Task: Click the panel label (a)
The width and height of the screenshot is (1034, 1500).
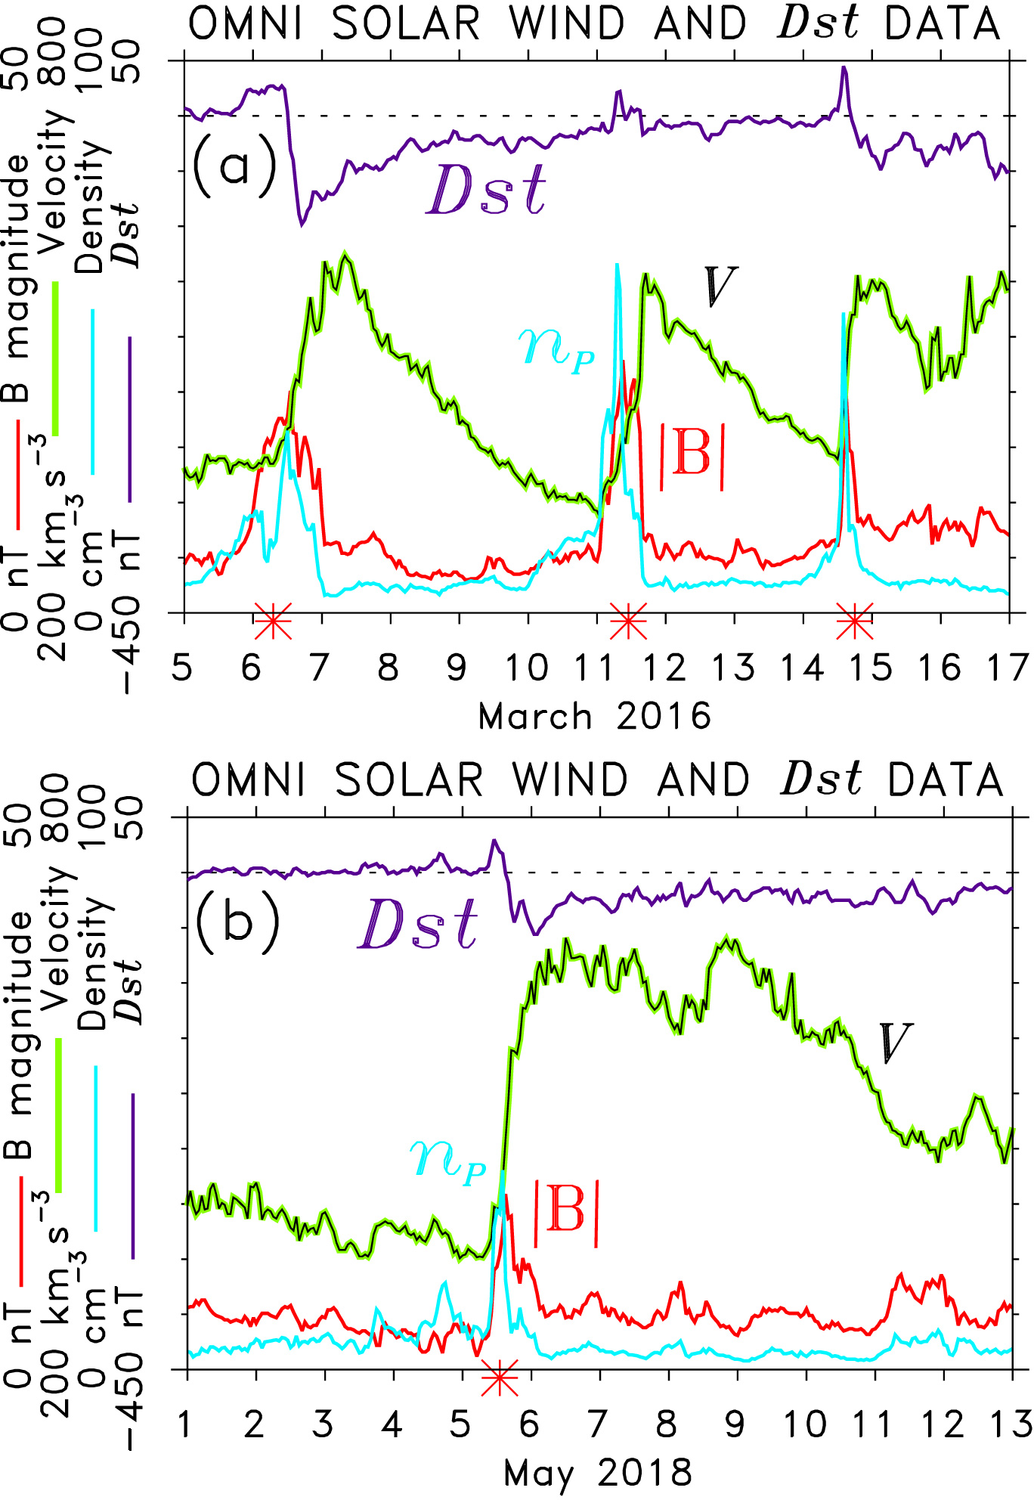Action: (234, 165)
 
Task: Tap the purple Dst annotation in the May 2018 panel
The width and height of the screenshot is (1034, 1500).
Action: (418, 924)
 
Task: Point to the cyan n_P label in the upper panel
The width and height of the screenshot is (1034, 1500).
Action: (556, 349)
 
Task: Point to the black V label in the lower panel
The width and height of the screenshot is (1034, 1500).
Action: (895, 1043)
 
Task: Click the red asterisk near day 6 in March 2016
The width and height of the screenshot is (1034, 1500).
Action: (273, 621)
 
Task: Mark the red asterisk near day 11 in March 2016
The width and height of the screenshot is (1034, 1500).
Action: (627, 621)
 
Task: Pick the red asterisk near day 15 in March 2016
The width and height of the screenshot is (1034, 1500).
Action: (855, 621)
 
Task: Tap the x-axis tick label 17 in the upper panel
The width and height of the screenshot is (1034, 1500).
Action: (1009, 668)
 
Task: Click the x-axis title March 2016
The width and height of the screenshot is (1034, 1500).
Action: (595, 715)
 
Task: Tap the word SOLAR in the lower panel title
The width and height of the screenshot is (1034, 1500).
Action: (408, 780)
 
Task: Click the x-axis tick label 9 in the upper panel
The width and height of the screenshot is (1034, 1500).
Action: (457, 668)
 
